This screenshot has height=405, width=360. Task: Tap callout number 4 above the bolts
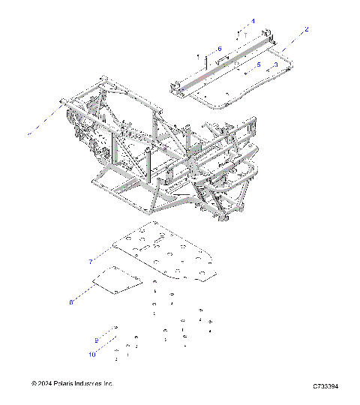point(253,21)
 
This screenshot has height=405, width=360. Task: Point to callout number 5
point(259,65)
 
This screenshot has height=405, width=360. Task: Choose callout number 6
point(220,49)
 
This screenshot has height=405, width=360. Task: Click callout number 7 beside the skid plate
point(91,261)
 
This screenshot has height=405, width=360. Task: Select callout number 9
point(96,339)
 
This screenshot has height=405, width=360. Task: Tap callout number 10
point(93,354)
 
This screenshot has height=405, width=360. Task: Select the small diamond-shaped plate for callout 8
point(117,280)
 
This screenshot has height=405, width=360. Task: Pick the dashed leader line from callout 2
point(295,40)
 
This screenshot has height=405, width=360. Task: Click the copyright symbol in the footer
point(34,383)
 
